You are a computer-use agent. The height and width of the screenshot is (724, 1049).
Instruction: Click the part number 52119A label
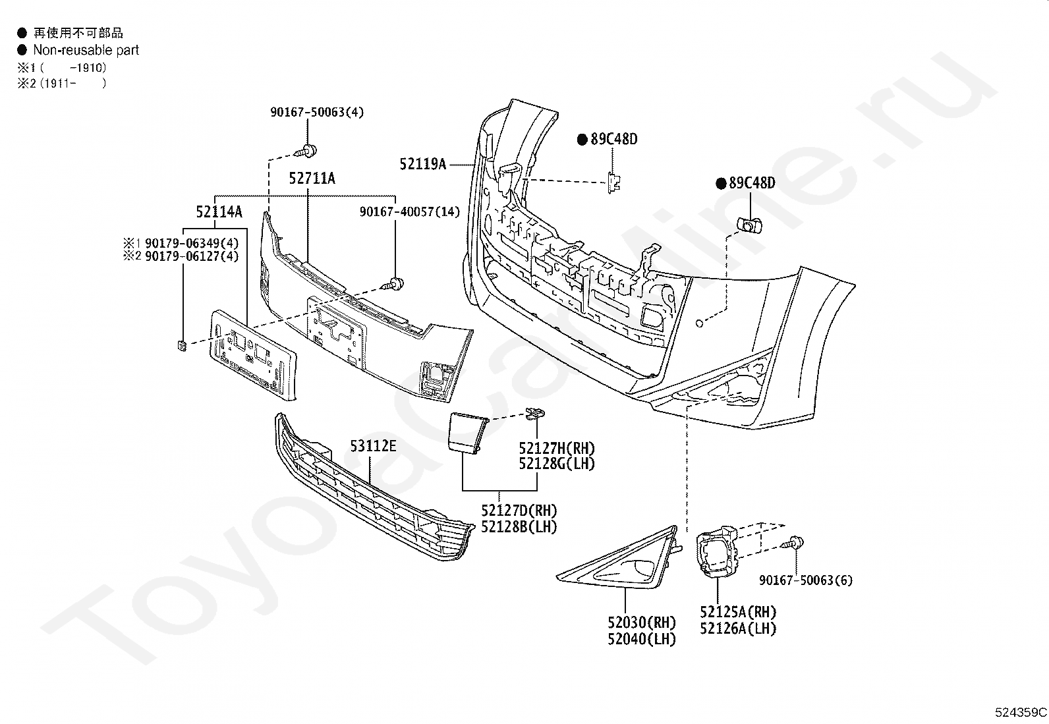423,164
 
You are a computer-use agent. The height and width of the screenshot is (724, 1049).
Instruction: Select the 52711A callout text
312,179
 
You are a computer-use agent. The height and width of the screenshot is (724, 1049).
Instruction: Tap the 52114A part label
219,212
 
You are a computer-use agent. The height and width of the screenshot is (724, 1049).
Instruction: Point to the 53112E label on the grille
373,446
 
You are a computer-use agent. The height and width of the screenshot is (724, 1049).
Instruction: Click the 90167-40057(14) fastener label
410,211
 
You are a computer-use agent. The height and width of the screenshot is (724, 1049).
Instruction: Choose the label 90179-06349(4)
192,243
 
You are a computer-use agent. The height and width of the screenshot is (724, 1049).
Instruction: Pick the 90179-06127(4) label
192,256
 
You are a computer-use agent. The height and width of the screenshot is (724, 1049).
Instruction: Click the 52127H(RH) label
557,448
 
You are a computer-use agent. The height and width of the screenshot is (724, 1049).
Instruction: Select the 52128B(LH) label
519,527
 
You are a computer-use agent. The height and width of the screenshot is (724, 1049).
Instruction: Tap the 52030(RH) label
642,623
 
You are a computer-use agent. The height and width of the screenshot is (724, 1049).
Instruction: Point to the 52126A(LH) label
738,628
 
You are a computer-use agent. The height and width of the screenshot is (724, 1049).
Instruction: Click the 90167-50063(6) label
806,580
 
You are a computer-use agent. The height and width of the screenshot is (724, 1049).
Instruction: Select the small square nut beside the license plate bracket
182,346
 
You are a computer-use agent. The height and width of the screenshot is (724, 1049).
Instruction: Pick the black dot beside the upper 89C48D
582,140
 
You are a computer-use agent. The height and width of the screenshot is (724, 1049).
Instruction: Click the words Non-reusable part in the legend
86,50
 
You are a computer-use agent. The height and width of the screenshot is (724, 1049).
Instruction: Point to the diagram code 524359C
1021,712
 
